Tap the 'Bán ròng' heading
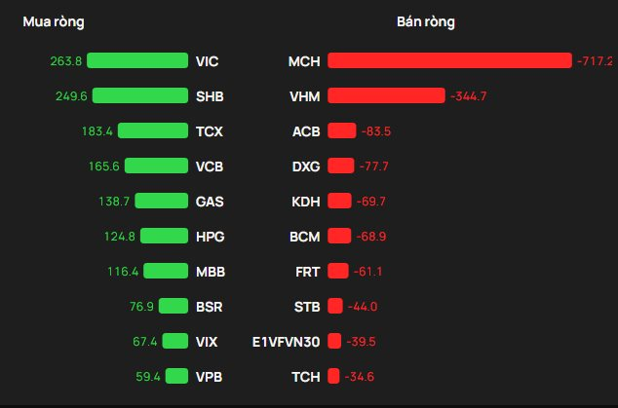point(426,21)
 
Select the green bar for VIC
point(137,61)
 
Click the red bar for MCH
point(449,61)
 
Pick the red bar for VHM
point(386,95)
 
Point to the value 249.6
point(69,95)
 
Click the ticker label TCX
point(208,131)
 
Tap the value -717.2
point(594,61)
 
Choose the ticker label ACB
point(306,131)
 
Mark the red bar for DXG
point(341,167)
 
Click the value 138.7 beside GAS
point(114,202)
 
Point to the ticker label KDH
point(306,202)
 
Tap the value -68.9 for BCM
point(370,237)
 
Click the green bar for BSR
point(174,307)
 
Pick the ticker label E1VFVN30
point(286,342)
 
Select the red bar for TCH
point(333,377)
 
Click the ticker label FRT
point(307,272)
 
